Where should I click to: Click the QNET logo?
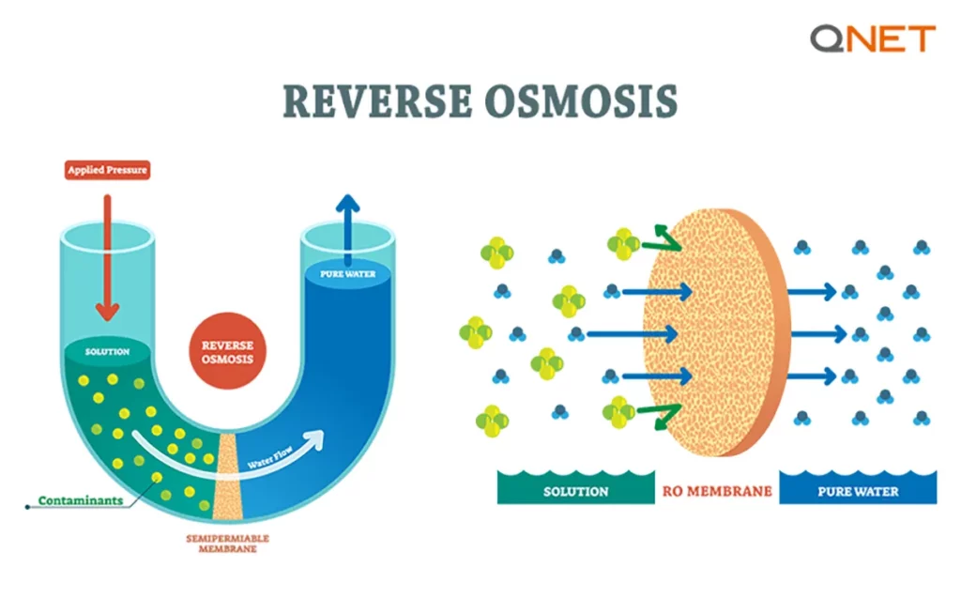873,39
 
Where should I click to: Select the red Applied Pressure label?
107,171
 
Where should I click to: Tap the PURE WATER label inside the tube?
347,275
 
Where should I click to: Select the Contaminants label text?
80,500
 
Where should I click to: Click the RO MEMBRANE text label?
718,491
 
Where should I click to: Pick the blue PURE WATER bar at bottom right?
858,491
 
